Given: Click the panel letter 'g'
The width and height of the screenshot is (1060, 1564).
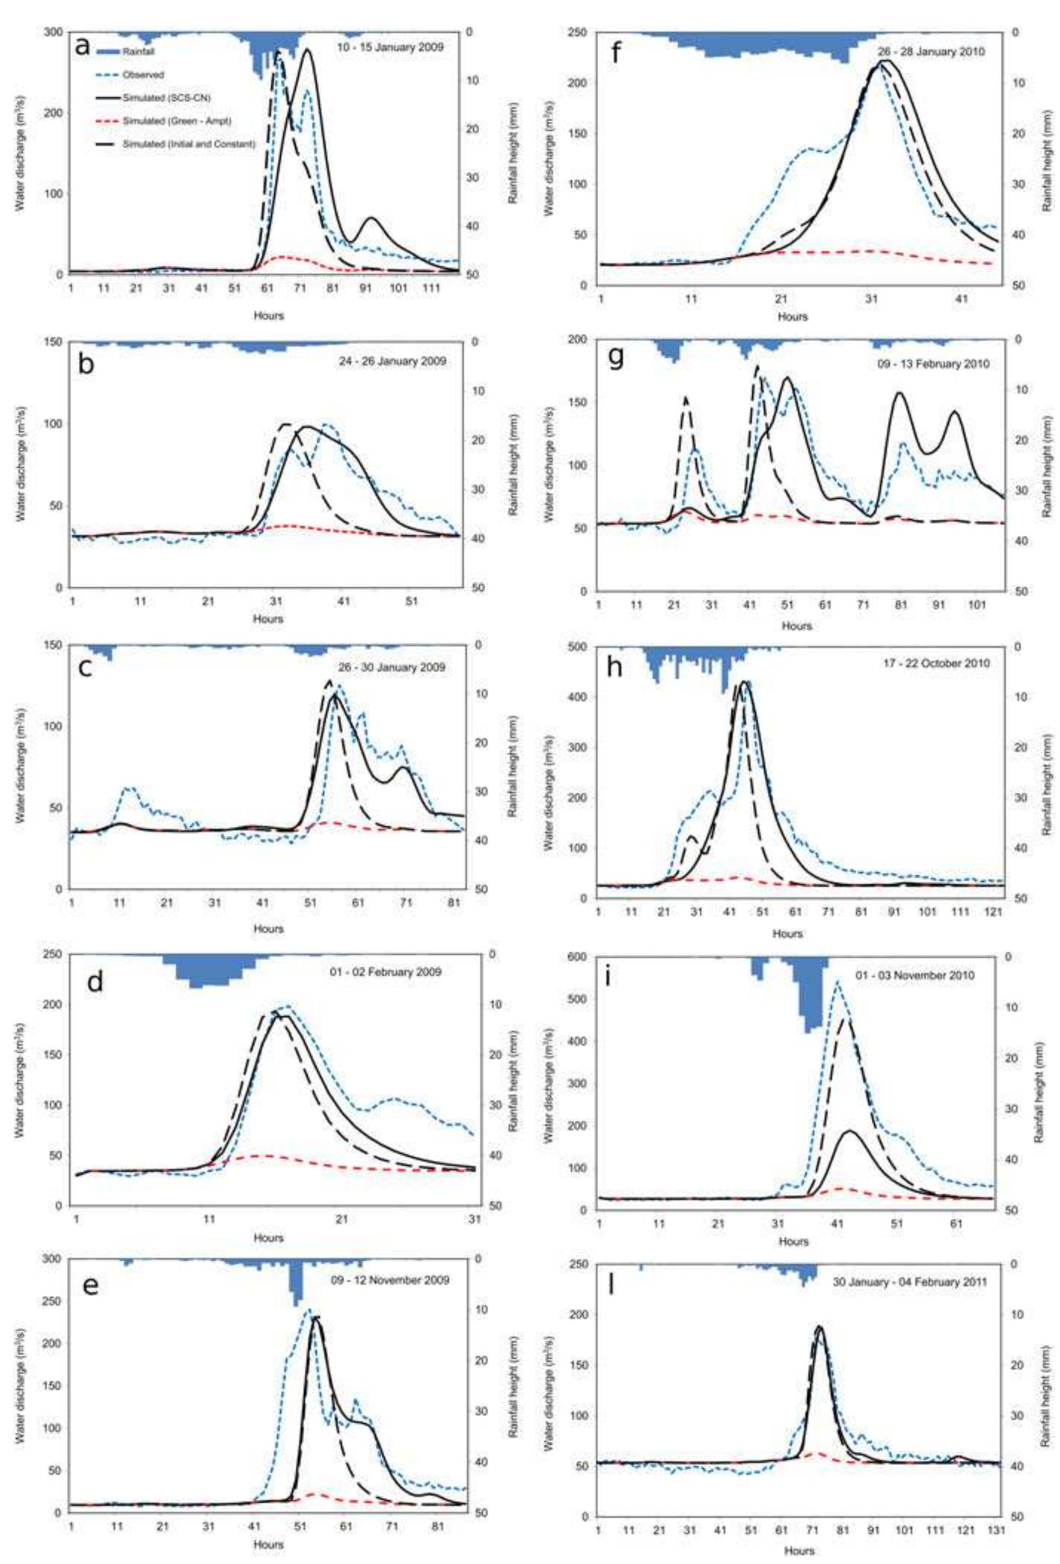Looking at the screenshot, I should click(615, 357).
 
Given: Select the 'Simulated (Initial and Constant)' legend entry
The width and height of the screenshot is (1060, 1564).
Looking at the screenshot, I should click(188, 144).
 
